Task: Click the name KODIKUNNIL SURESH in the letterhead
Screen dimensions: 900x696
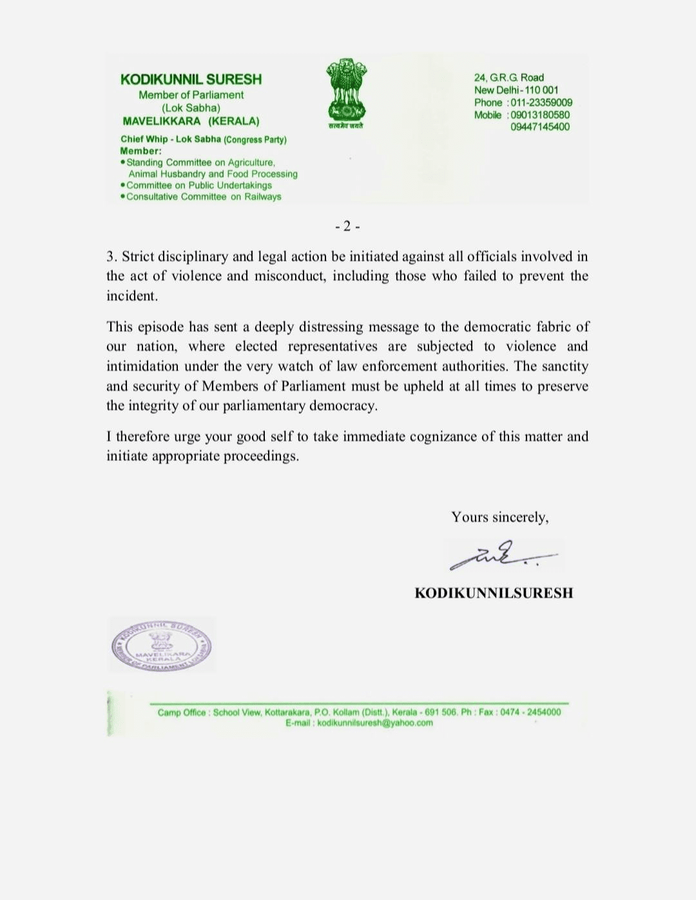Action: [x=191, y=79]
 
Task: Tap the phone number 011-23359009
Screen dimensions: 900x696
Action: [x=541, y=103]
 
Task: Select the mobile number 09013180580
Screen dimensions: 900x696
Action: [x=540, y=115]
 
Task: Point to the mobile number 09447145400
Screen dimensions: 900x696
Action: [x=540, y=127]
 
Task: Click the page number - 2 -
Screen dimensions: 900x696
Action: [x=347, y=226]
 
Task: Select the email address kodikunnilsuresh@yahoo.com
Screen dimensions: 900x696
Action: [x=375, y=723]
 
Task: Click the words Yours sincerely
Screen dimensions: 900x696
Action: [x=499, y=517]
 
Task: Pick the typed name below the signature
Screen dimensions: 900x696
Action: [x=494, y=593]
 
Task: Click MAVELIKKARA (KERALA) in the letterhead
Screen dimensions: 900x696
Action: [x=191, y=121]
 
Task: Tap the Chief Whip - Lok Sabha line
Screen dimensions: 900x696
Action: [x=203, y=139]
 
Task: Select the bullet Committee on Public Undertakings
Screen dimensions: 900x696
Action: [x=199, y=185]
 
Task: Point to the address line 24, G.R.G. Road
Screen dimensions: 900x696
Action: [x=508, y=77]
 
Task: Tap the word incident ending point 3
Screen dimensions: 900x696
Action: [x=131, y=296]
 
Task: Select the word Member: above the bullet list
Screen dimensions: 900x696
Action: [x=140, y=151]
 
